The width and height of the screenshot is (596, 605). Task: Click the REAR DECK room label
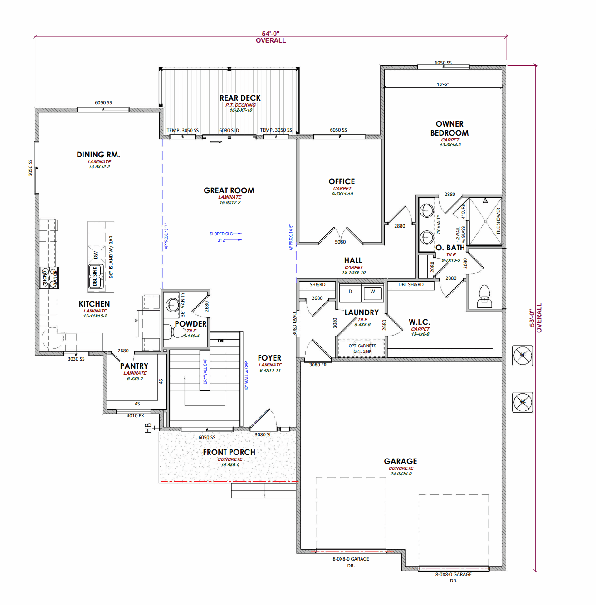point(240,98)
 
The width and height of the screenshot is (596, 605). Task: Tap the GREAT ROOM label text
point(229,190)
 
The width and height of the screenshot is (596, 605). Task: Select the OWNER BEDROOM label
point(449,128)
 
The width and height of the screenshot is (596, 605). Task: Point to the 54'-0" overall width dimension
point(271,34)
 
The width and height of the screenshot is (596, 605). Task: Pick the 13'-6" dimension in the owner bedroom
point(443,84)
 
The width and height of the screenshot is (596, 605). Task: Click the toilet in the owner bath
point(484,297)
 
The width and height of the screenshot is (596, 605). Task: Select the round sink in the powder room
point(172,304)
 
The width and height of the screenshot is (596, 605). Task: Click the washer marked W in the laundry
point(372,292)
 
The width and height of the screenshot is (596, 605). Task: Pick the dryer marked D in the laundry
point(350,292)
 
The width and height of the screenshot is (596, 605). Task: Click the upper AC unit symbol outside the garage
point(523,355)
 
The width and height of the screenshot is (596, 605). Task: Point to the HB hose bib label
point(148,428)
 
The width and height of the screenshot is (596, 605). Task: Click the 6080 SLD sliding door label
point(229,130)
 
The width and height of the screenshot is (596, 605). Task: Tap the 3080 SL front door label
point(263,434)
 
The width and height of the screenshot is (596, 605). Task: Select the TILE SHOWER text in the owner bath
point(498,221)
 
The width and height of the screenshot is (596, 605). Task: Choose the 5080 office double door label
point(340,242)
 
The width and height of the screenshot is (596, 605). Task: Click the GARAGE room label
point(401,461)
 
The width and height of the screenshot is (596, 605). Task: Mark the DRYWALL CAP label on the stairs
point(205,371)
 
